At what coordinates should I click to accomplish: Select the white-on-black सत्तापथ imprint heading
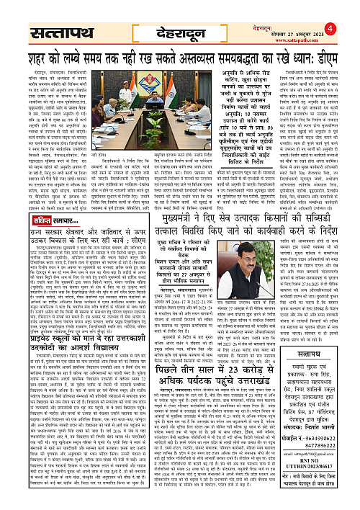tap(315, 334)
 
